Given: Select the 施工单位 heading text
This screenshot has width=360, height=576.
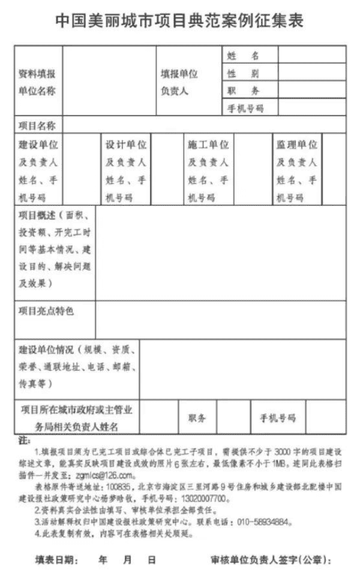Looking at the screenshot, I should (x=208, y=145).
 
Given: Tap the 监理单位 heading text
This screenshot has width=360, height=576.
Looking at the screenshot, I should (x=296, y=145).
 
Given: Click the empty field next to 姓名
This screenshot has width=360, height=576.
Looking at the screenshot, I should (x=311, y=56).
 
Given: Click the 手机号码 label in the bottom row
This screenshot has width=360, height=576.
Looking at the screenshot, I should (x=277, y=418).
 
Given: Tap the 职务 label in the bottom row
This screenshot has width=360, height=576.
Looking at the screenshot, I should (x=197, y=418).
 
